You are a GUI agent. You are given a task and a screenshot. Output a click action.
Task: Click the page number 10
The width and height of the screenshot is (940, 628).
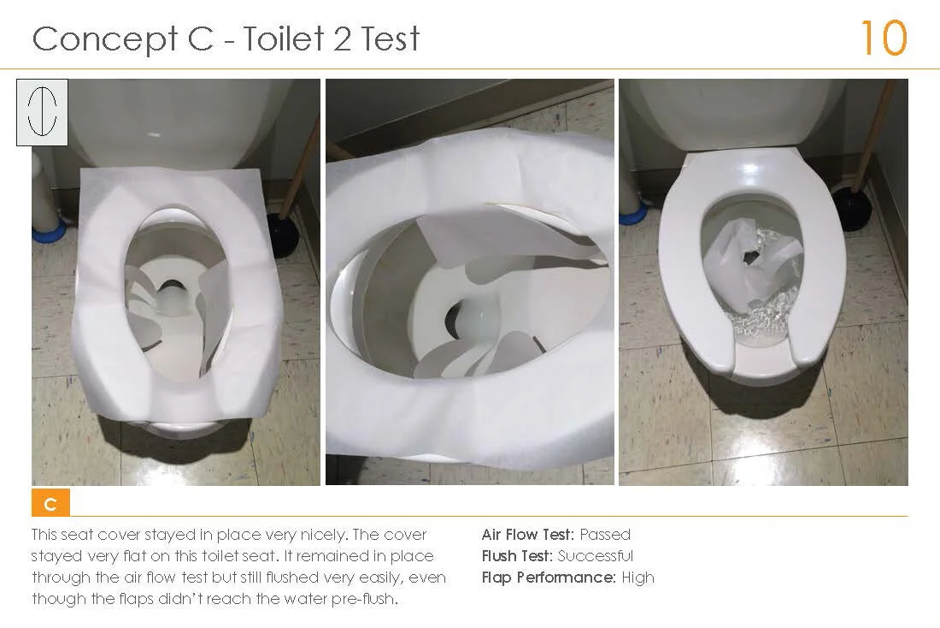[883, 38]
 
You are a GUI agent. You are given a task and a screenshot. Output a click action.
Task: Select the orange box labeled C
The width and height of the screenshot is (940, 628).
[50, 504]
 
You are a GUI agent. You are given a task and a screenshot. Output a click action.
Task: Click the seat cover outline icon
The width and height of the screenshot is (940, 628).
[42, 111]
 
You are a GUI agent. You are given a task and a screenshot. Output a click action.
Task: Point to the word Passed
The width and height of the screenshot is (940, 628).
[605, 535]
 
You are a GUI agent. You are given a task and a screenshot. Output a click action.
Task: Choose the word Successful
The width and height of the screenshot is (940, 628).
[596, 556]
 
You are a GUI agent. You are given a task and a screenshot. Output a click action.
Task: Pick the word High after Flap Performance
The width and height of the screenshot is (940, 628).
[638, 578]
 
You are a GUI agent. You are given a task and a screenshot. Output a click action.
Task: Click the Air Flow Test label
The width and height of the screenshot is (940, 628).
[527, 535]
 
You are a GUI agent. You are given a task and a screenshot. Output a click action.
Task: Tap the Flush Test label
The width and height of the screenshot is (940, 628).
[518, 556]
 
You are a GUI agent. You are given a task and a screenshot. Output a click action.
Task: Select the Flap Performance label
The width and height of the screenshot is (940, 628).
[548, 578]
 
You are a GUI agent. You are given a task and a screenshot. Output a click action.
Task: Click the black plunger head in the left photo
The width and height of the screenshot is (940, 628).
[283, 234]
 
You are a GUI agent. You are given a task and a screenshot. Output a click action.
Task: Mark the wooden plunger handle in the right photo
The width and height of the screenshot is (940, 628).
[875, 128]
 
